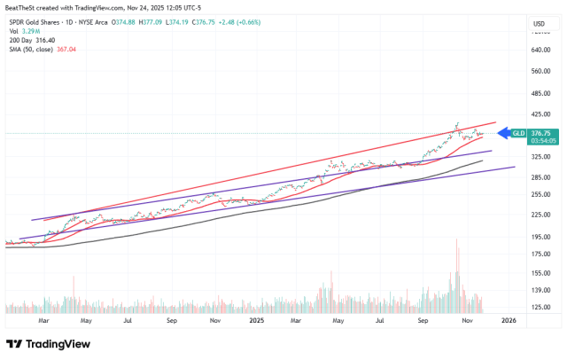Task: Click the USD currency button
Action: pos(538,23)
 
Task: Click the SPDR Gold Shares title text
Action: pos(40,22)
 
